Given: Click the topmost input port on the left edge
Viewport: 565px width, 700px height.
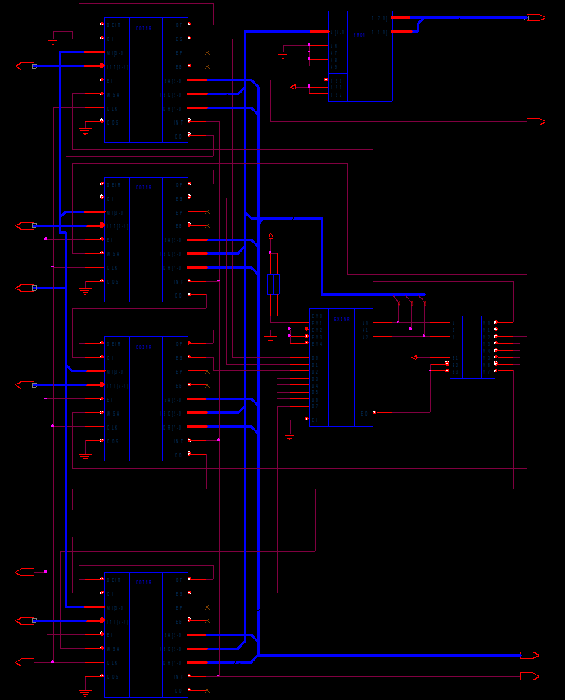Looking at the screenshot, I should tap(25, 66).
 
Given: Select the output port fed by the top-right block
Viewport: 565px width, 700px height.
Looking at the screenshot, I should tap(535, 17).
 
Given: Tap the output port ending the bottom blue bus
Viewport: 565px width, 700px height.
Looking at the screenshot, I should tap(529, 655).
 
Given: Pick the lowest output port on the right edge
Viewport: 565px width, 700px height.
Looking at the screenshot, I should tap(529, 676).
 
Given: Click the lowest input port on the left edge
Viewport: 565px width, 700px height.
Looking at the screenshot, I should tap(25, 661).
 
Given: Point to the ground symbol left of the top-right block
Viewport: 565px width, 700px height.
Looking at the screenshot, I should tap(283, 54).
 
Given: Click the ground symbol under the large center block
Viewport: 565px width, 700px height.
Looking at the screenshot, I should tap(289, 435).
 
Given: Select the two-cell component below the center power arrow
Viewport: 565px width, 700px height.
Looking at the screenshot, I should tap(273, 284).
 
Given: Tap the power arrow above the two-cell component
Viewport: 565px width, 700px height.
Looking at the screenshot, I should tap(271, 236).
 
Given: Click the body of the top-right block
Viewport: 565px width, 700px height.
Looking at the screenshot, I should tap(360, 56).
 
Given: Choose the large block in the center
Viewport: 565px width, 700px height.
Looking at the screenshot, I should tap(341, 367).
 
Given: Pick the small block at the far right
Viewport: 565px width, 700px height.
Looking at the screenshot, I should tap(472, 347).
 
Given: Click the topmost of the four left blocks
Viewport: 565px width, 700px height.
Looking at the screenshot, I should tap(146, 80).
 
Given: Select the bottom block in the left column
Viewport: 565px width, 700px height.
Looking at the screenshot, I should tap(146, 634).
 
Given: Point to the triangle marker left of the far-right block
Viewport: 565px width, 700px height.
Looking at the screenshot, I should tap(414, 357).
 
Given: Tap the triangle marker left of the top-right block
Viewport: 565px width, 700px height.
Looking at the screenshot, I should tap(293, 86).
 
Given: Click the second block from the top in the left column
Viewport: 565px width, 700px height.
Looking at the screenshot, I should tap(146, 239).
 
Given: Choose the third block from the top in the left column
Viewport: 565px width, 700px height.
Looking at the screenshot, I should tap(146, 398).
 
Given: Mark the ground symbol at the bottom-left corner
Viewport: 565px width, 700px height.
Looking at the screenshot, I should tap(85, 691).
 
